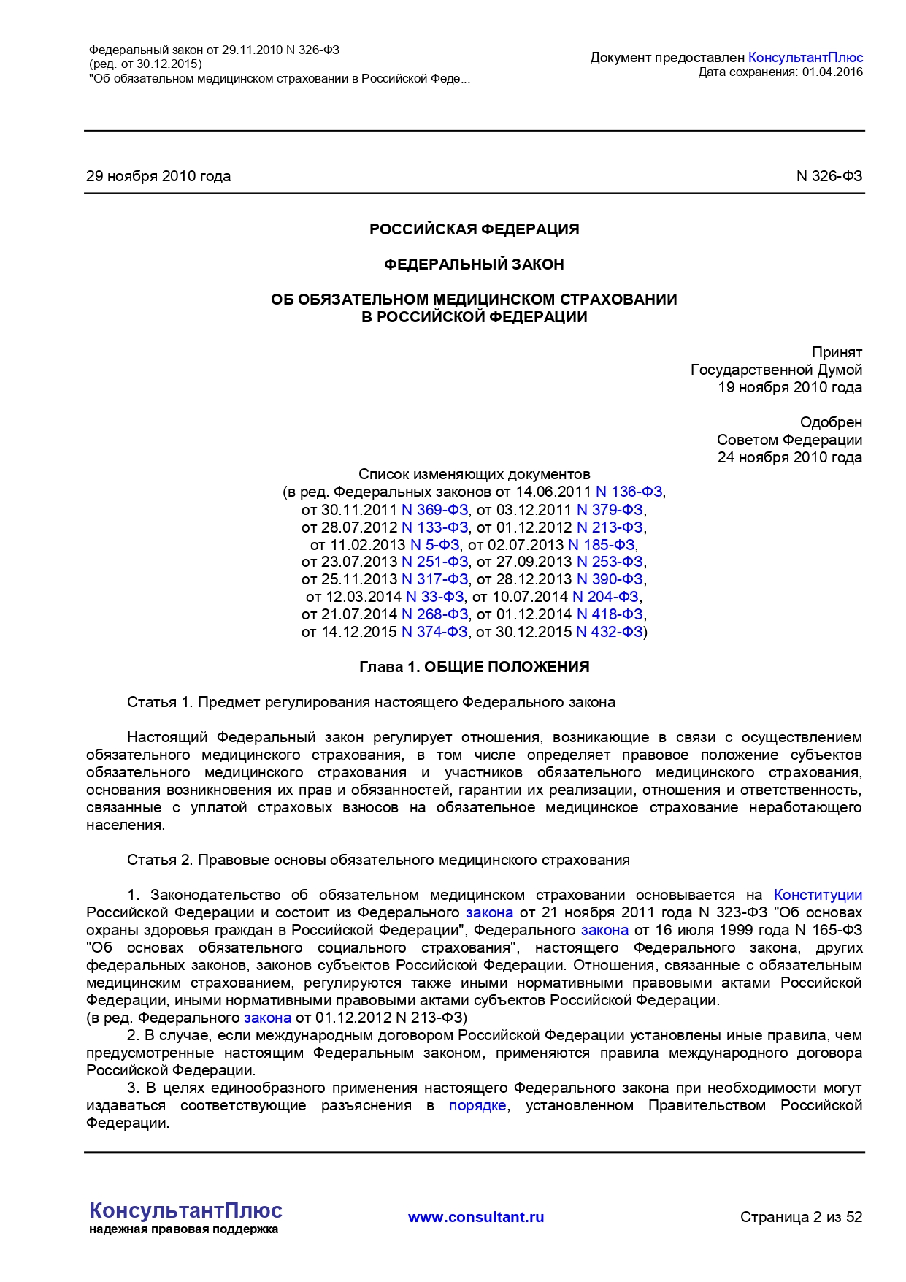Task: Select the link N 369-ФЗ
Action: click(x=435, y=510)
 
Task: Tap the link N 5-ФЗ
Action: click(x=435, y=545)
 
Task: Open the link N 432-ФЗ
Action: click(x=610, y=632)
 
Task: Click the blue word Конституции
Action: click(x=818, y=896)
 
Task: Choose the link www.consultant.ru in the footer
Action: click(x=476, y=1217)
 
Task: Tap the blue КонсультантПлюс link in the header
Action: click(x=805, y=58)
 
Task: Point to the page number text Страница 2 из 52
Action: click(x=801, y=1217)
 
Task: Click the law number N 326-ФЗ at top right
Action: click(x=829, y=176)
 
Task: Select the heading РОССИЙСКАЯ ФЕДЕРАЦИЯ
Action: click(x=474, y=229)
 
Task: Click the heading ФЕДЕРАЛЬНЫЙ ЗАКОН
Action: click(x=474, y=264)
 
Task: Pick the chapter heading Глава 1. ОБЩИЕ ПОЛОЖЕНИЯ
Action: click(x=474, y=667)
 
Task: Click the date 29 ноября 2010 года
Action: click(x=158, y=176)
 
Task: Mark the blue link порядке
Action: click(x=477, y=1106)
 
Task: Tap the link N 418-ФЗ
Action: click(x=610, y=614)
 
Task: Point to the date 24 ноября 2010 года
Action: click(x=789, y=458)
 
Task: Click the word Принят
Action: click(x=837, y=352)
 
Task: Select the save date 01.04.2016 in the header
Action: click(x=832, y=72)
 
